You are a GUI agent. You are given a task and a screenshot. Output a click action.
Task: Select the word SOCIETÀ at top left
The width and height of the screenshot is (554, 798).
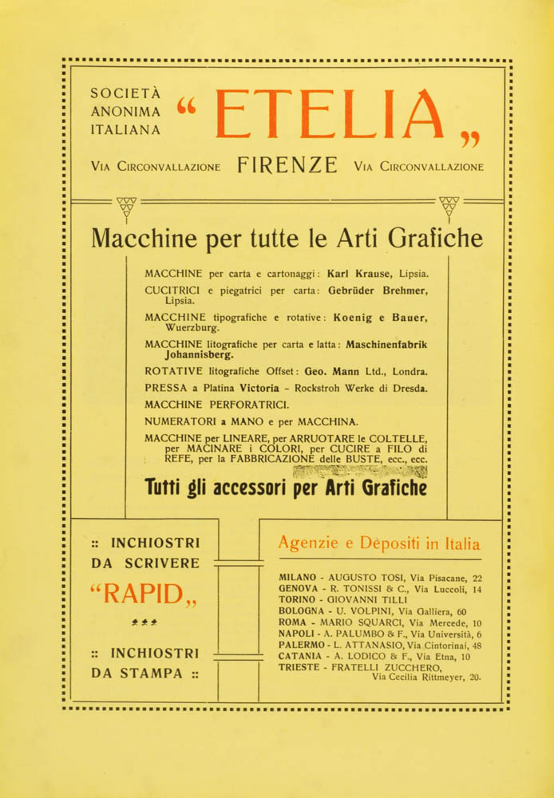[x=126, y=93]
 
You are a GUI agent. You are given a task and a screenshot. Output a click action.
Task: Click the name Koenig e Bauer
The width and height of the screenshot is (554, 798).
[x=380, y=317]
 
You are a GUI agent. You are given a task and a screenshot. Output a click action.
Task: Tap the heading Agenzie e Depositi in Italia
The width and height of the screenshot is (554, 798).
[x=379, y=544]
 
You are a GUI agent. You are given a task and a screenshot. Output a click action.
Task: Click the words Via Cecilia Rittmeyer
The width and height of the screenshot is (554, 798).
[x=420, y=678]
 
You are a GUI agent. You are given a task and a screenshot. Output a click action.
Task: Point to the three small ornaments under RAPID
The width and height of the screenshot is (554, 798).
[x=144, y=620]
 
